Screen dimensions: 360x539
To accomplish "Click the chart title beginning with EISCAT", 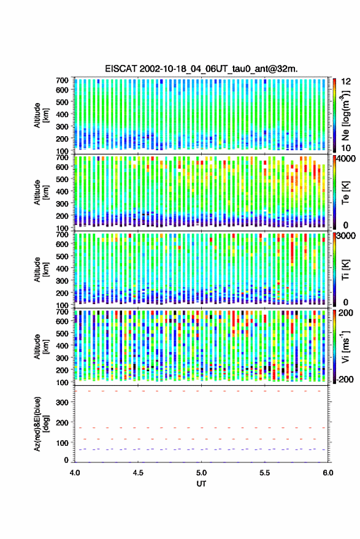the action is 202,69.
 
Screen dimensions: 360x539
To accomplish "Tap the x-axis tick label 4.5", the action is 138,473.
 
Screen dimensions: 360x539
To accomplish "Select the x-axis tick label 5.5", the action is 264,473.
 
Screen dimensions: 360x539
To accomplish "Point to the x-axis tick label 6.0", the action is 327,473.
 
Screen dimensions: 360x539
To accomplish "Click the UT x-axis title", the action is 202,484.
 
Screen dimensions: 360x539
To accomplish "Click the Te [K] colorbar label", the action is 345,193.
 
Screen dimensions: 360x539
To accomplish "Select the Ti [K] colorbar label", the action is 345,270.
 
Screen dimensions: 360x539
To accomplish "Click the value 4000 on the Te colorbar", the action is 347,159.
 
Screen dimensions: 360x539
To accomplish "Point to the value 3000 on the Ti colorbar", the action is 347,236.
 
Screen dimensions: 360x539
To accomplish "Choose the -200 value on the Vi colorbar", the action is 345,379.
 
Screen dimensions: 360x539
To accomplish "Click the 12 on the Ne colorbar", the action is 347,82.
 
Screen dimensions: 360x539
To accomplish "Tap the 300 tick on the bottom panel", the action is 61,402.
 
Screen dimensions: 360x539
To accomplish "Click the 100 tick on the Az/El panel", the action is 61,443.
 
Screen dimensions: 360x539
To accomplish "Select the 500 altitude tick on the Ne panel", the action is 62,102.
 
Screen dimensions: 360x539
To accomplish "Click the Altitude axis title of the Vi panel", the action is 40,346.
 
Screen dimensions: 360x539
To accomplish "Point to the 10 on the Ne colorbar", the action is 347,148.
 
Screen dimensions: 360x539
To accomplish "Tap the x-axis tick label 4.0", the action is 75,473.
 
